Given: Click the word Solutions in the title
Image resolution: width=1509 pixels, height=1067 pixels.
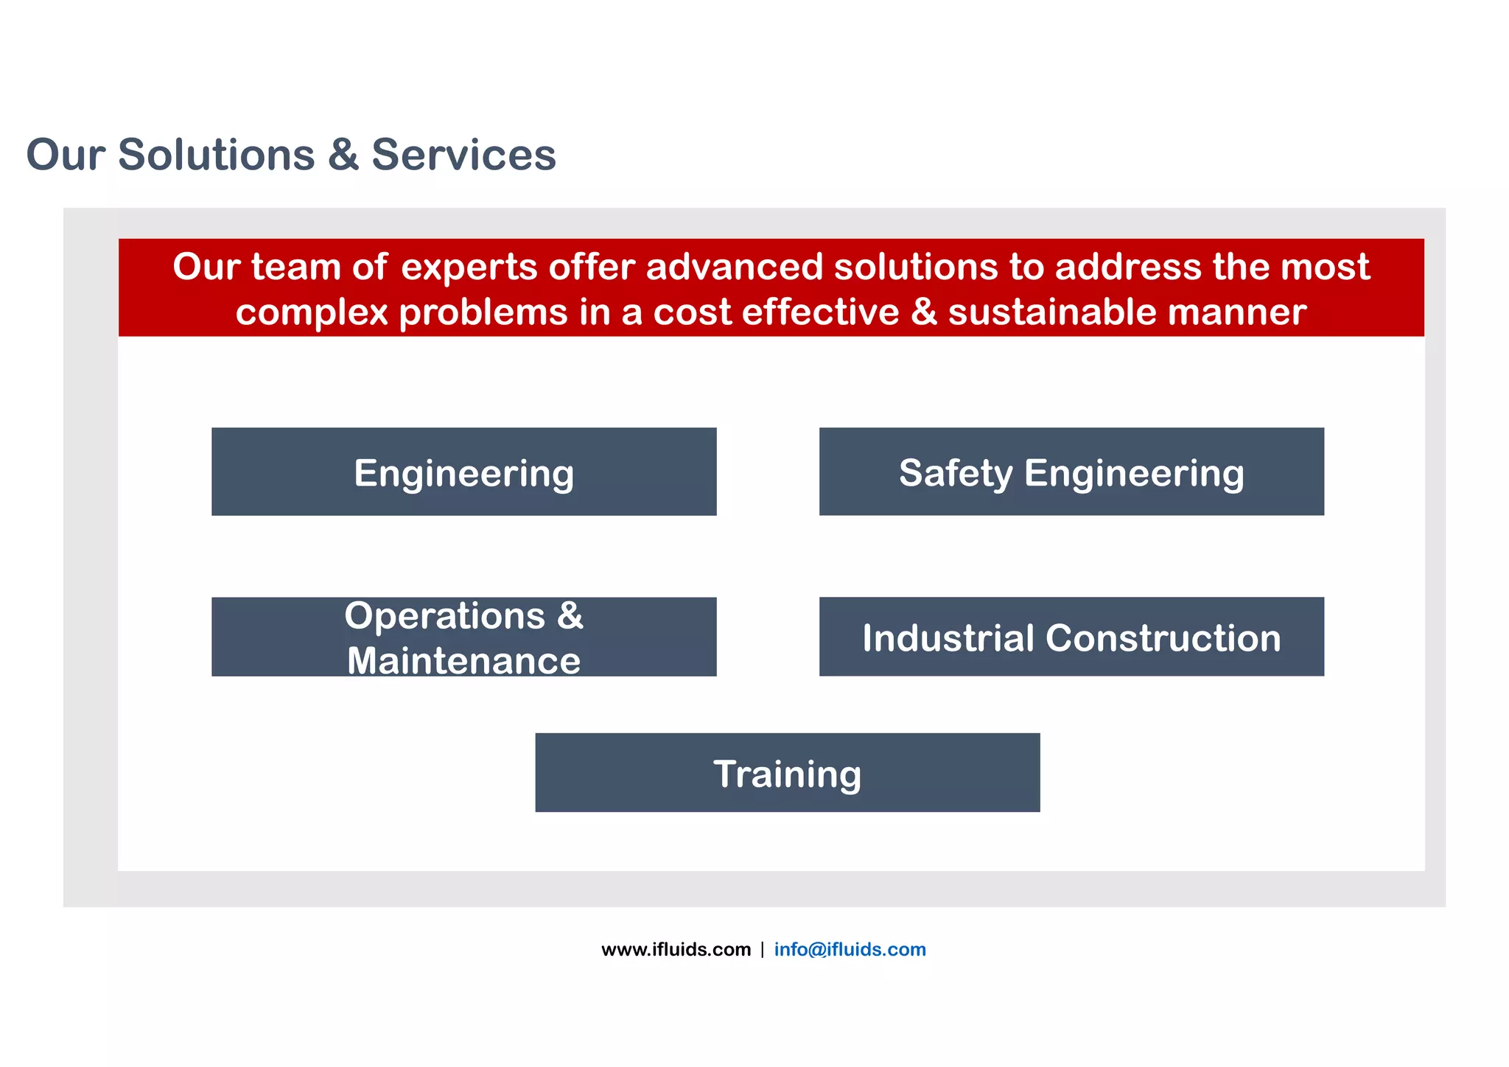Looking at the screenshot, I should click(x=216, y=155).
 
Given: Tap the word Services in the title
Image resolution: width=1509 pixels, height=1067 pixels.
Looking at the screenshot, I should click(x=463, y=155).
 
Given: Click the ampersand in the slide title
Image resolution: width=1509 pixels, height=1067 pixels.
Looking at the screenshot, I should click(x=343, y=155).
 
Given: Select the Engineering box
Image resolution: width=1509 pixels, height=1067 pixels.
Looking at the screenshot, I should click(x=463, y=472).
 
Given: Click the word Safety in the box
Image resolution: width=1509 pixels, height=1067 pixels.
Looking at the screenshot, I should click(x=956, y=473).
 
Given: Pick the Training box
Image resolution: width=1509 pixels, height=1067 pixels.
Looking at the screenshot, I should click(x=787, y=773).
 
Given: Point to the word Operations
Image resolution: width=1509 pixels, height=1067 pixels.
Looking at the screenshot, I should click(x=444, y=615).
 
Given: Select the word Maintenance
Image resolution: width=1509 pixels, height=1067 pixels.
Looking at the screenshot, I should click(x=463, y=660).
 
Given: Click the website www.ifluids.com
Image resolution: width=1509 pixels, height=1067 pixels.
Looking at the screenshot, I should click(x=676, y=949).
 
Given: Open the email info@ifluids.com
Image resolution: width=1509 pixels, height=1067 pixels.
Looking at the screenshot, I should click(x=850, y=949).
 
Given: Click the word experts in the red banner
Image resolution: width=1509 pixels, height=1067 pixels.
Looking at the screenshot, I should click(x=469, y=267).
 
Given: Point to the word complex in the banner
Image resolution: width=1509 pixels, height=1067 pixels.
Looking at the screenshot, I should click(x=311, y=312).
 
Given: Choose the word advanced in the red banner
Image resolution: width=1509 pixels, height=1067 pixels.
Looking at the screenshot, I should click(x=734, y=267).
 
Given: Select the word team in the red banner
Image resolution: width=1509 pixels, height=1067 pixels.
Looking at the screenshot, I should click(x=295, y=267).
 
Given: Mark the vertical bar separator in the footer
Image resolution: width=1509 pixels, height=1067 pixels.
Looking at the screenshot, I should click(x=762, y=949).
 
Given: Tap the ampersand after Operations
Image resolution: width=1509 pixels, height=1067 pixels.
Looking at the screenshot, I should click(x=570, y=615).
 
